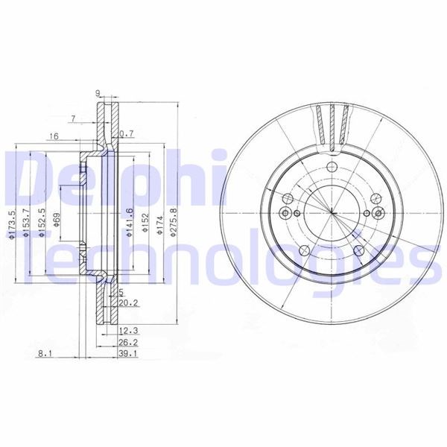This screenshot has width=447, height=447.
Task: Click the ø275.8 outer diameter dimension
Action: click(174, 223)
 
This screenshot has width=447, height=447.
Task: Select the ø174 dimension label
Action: click(159, 226)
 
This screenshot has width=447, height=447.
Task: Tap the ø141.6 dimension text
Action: click(130, 223)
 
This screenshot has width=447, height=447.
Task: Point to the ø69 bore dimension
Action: click(57, 220)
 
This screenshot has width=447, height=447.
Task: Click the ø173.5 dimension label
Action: click(11, 224)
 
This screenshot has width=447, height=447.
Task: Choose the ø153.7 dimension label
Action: click(26, 223)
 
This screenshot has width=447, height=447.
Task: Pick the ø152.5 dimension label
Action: click(42, 223)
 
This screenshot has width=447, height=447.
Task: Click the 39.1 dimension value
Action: click(128, 354)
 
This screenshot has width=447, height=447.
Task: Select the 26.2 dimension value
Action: click(128, 343)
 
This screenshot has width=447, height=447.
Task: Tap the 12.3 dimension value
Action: click(128, 331)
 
